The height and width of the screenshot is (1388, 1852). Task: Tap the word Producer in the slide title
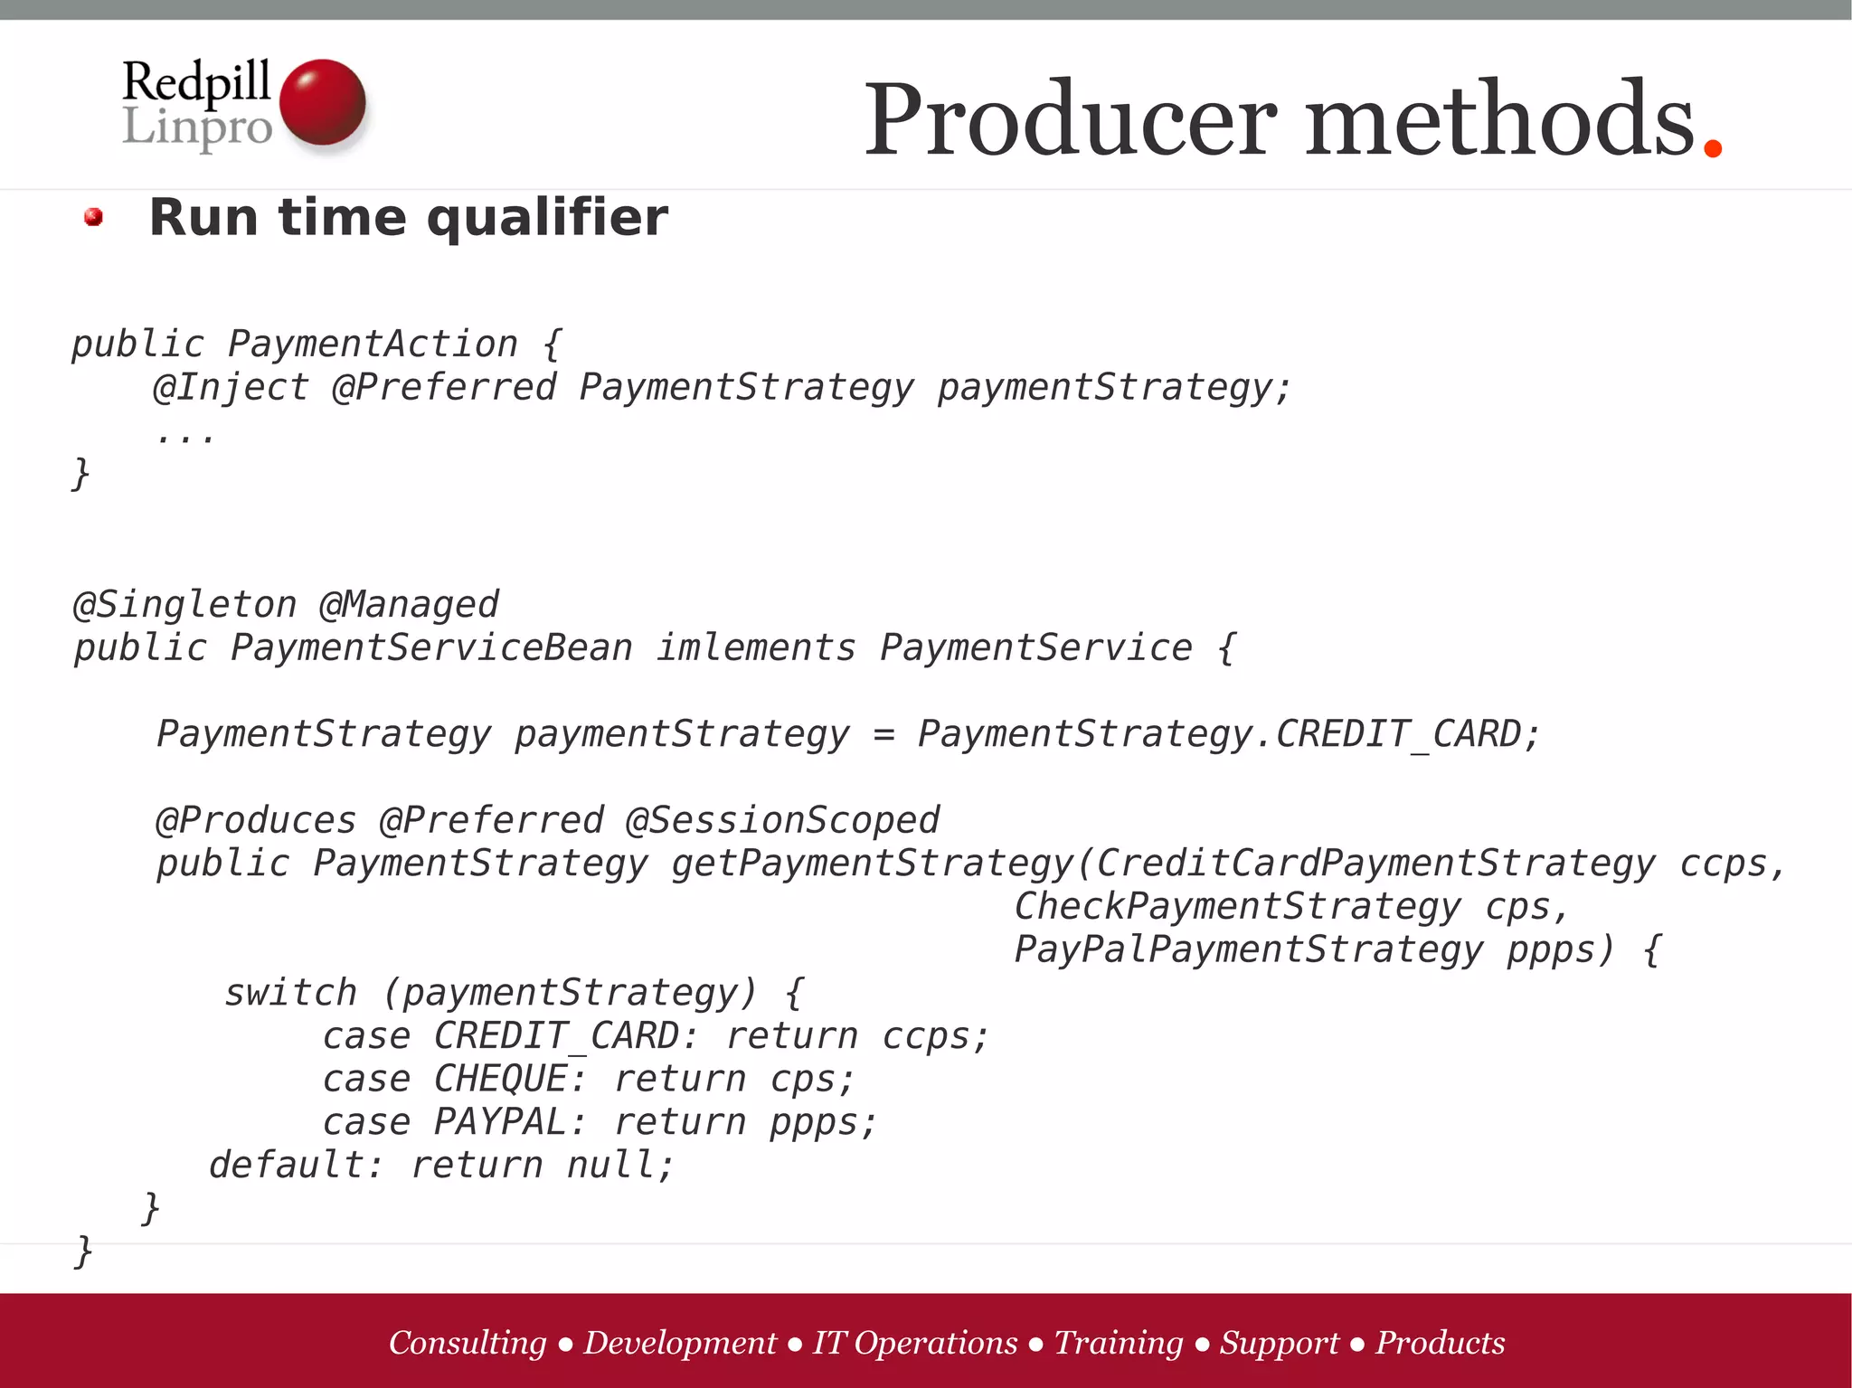click(1071, 119)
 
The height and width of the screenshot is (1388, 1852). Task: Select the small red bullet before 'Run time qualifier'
click(93, 217)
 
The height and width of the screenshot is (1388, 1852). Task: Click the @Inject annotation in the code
click(231, 387)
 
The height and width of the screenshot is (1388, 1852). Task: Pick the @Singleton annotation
click(185, 604)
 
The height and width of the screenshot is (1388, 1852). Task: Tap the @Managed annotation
click(409, 604)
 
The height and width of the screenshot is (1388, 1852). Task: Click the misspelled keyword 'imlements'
click(756, 647)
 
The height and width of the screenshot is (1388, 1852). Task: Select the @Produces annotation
click(256, 820)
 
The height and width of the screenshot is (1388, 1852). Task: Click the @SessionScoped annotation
click(782, 820)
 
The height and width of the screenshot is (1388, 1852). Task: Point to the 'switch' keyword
click(290, 993)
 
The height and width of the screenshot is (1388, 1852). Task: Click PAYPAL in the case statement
click(501, 1122)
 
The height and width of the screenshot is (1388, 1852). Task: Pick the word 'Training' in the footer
click(1119, 1343)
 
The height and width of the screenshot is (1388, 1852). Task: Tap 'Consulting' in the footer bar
click(468, 1343)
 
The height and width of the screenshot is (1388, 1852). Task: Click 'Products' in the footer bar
click(1441, 1343)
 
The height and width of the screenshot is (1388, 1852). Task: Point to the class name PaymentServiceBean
click(431, 647)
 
